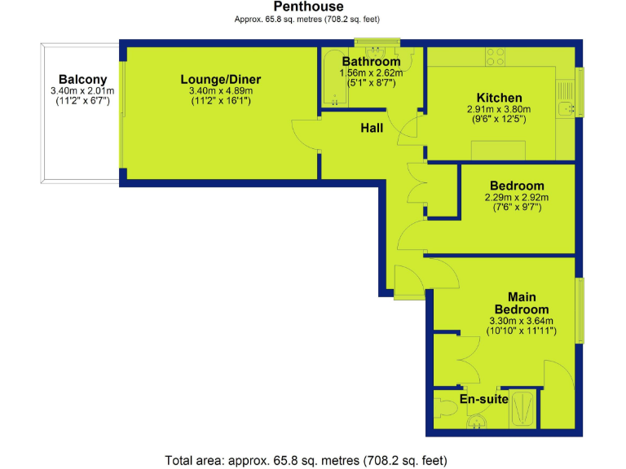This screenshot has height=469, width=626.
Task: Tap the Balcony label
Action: [x=82, y=80]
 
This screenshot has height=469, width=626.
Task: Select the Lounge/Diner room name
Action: [x=220, y=80]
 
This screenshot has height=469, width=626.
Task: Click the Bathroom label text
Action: [x=371, y=62]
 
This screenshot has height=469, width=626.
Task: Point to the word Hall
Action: [x=373, y=128]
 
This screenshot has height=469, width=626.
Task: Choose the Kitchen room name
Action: [x=499, y=99]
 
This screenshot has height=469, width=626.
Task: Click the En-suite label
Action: [x=484, y=399]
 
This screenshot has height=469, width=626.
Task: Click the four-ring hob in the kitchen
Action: [x=496, y=56]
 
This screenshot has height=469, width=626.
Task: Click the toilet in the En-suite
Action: [x=447, y=404]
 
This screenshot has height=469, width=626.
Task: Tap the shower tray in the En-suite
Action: [x=523, y=408]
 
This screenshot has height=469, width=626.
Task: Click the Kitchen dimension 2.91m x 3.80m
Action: [x=499, y=109]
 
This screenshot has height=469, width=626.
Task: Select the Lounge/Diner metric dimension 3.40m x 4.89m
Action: [x=220, y=90]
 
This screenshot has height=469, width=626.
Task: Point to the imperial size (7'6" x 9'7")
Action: [x=517, y=208]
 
